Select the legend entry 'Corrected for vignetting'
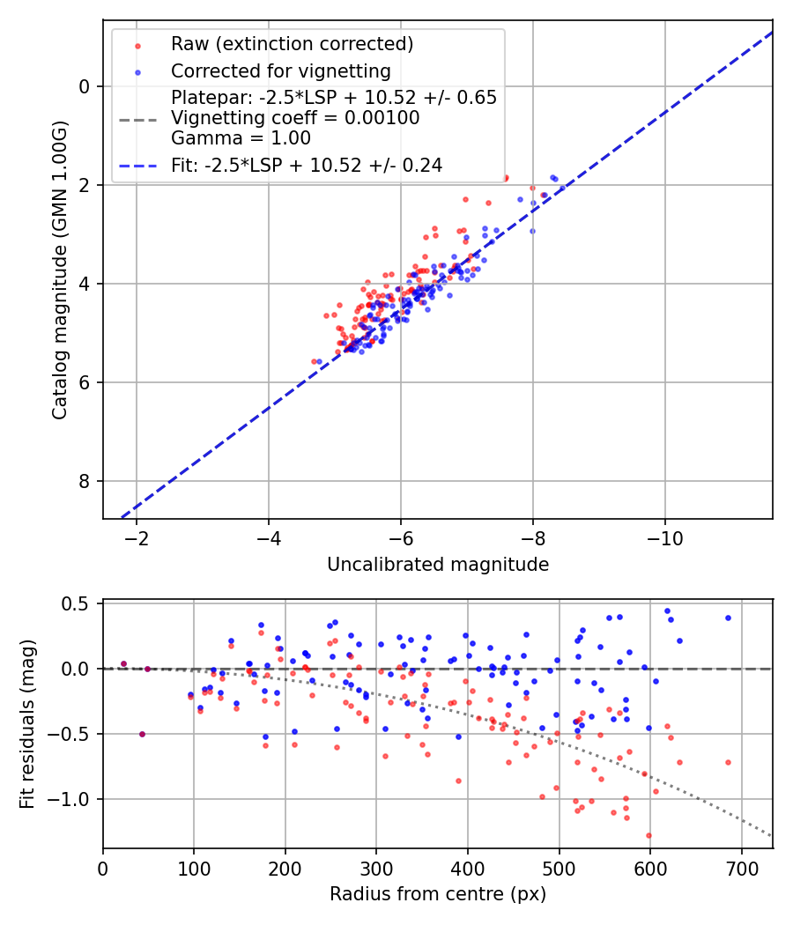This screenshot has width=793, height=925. [x=280, y=70]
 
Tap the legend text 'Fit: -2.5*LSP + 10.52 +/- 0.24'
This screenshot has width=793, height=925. [x=307, y=165]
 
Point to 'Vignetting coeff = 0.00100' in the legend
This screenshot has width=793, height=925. [x=295, y=118]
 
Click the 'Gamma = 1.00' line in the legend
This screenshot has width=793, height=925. [x=241, y=137]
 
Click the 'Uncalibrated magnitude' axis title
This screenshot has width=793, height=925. [x=438, y=565]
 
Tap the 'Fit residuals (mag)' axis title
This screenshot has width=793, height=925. [x=27, y=724]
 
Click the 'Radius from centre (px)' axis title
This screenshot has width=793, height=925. [x=438, y=894]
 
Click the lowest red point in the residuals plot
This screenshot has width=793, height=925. [x=648, y=835]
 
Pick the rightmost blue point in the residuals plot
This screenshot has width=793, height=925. [x=728, y=618]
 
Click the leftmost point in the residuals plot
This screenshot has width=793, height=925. [x=123, y=663]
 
